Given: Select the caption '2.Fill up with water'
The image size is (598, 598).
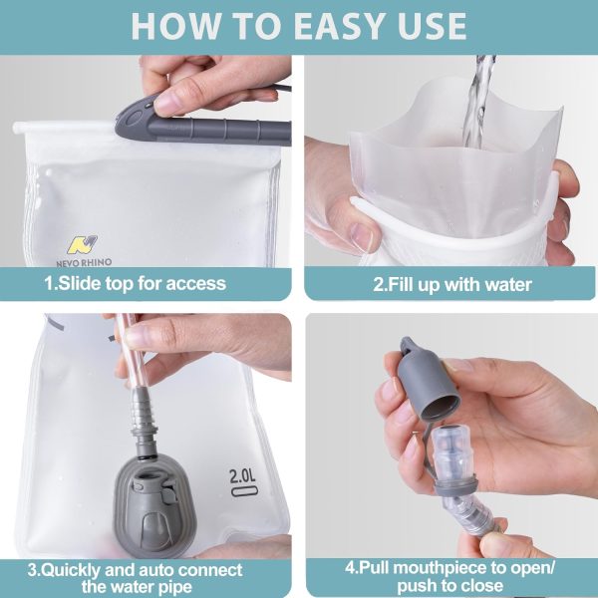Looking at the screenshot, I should (451, 284).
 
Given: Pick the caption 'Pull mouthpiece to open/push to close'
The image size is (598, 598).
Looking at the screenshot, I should (451, 576).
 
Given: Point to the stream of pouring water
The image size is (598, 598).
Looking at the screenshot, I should (480, 100).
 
